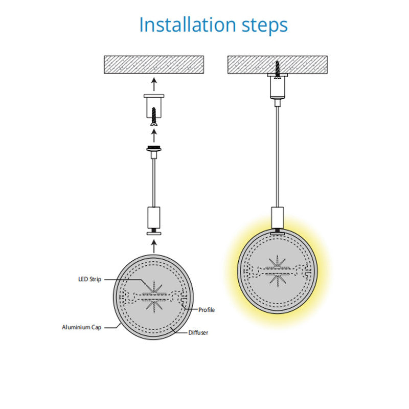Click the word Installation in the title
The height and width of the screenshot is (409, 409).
(188, 25)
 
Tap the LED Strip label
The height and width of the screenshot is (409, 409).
(90, 279)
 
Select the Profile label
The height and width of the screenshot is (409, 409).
(207, 310)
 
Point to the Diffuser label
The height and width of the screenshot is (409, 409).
(198, 333)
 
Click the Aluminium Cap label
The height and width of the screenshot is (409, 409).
(82, 327)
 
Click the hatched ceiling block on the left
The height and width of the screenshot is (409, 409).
(154, 65)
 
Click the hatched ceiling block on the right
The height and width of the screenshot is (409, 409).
(278, 65)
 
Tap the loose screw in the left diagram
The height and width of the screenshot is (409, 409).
(154, 117)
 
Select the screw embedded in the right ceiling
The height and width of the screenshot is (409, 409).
(277, 70)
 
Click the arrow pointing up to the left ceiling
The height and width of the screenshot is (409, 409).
(154, 84)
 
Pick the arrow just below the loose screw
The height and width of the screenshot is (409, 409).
(154, 135)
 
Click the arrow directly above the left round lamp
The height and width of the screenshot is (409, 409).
(154, 246)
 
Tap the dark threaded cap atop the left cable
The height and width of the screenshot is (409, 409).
(154, 149)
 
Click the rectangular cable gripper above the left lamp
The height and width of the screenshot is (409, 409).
(154, 217)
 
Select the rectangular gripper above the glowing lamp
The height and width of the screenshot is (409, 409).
(277, 218)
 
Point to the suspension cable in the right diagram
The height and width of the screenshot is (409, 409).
(277, 157)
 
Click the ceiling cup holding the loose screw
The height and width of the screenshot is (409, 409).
(154, 106)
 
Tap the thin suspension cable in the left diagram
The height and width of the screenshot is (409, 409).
(154, 183)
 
